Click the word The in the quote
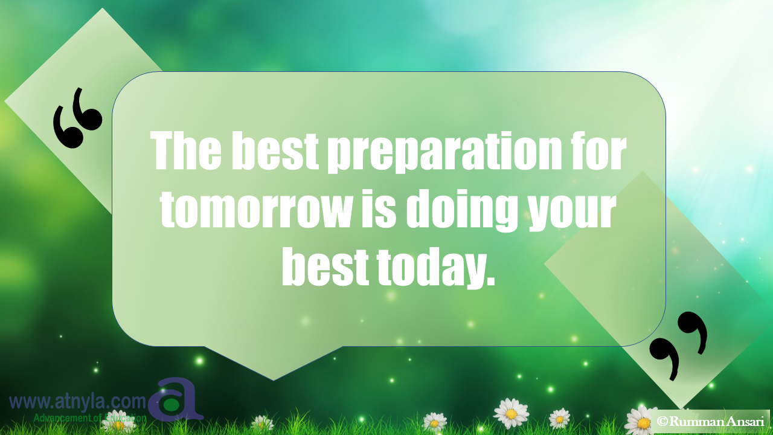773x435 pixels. (187, 150)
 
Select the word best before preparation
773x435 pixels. (275, 150)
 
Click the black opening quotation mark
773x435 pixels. (77, 118)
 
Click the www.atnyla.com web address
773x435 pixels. (78, 402)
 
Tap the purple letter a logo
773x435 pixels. (175, 399)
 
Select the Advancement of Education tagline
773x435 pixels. (90, 418)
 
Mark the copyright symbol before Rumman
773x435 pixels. (662, 422)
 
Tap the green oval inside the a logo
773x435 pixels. (170, 405)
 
